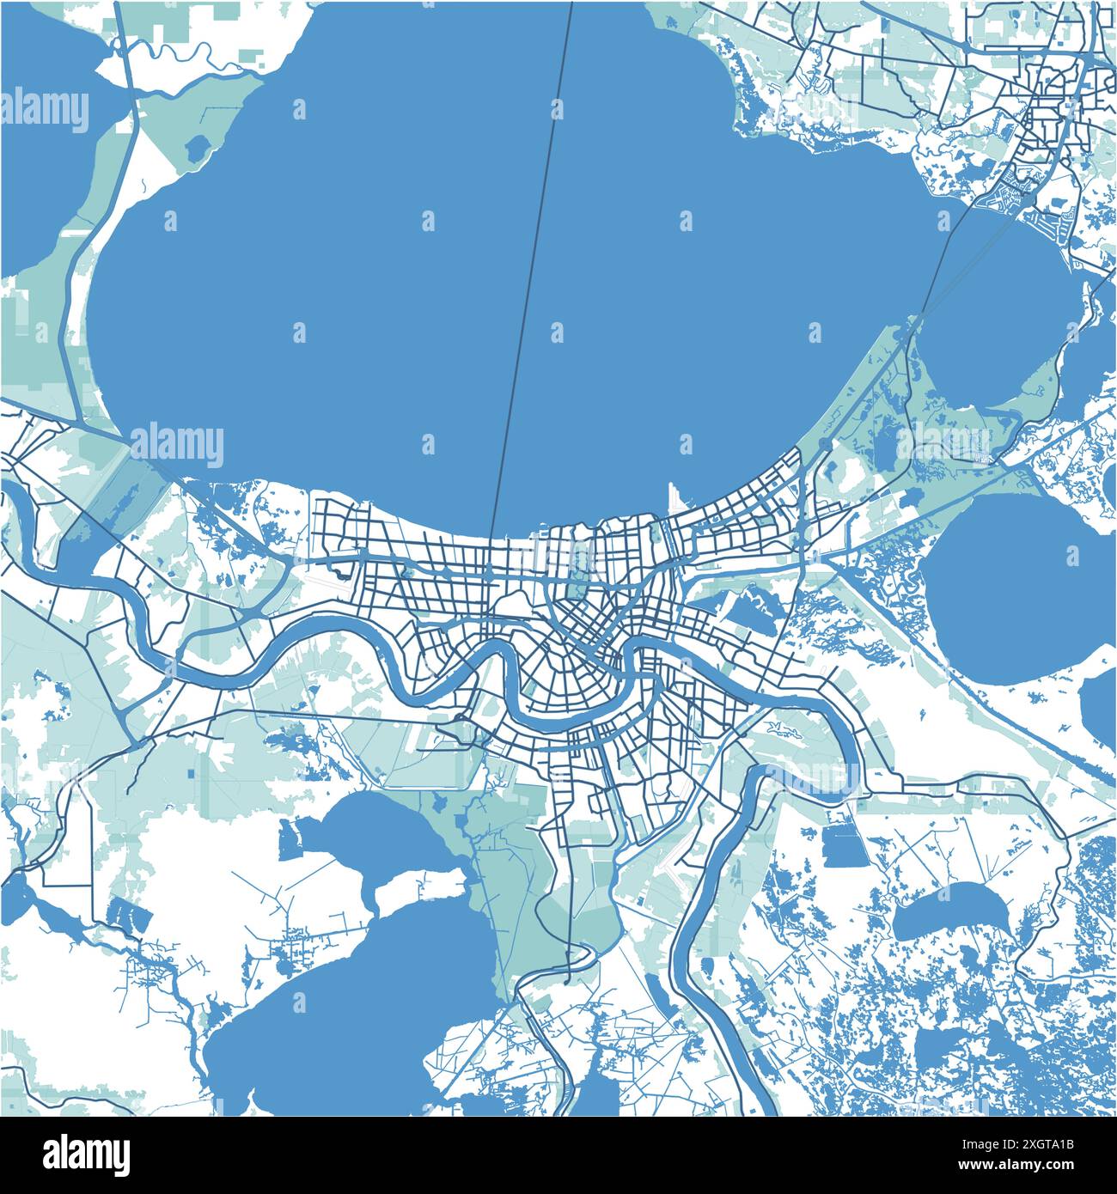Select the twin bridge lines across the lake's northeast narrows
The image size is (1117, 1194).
(932, 275)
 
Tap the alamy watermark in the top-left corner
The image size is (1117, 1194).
(45, 110)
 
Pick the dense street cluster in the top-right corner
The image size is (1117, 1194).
(1053, 103)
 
